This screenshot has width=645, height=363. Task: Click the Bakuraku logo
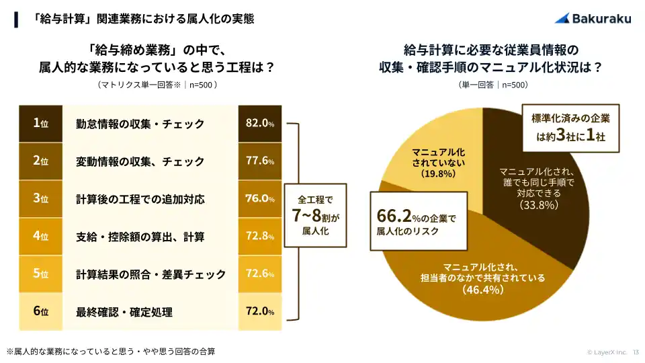point(593,19)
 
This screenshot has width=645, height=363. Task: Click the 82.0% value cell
point(259,124)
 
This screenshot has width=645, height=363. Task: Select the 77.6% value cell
point(259,161)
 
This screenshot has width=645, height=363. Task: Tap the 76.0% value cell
point(259,199)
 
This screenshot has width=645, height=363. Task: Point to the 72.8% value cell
point(259,237)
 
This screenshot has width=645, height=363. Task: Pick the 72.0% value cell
point(259,311)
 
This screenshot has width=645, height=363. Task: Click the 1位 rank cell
point(40,124)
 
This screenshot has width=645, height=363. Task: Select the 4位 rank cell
point(40,237)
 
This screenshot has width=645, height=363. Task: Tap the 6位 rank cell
point(40,311)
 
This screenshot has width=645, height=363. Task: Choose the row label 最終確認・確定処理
point(124,312)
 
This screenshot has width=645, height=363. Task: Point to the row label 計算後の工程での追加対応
point(140,200)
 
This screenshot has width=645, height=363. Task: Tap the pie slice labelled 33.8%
point(531,202)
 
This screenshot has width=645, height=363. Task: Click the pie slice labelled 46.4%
point(470,282)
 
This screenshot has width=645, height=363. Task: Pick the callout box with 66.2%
point(417,220)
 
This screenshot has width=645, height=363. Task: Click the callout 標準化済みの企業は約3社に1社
point(571,128)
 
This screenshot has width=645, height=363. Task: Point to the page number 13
point(636,352)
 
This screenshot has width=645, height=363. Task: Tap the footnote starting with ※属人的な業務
point(111,352)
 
